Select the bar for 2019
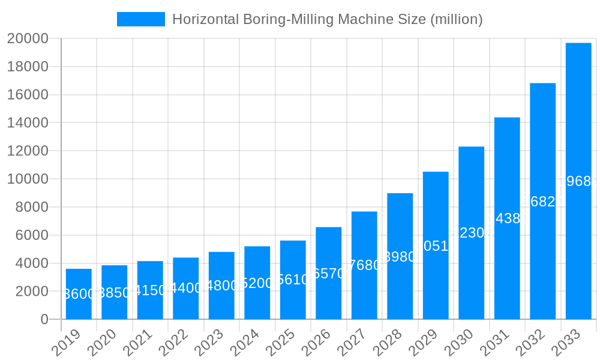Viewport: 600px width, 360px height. click(x=79, y=294)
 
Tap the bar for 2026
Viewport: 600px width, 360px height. click(x=328, y=273)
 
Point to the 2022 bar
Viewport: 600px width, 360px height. click(x=185, y=288)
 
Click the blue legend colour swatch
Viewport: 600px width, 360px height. click(x=141, y=19)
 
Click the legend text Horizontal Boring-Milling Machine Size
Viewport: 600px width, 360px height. click(x=327, y=19)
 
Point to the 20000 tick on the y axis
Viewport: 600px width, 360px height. click(x=28, y=39)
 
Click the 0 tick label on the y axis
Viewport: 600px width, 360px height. click(x=44, y=320)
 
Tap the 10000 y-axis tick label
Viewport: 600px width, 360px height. click(x=28, y=179)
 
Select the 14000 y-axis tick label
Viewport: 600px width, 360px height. click(x=28, y=123)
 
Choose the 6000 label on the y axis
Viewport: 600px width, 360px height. click(x=31, y=235)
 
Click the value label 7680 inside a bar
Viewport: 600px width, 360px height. click(x=364, y=265)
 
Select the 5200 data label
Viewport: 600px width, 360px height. click(x=257, y=283)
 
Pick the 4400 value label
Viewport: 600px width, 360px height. click(x=185, y=288)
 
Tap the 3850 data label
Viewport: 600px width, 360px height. click(x=114, y=293)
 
